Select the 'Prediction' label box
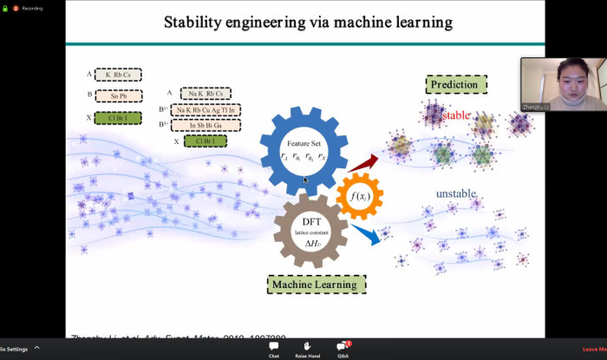[x=456, y=85]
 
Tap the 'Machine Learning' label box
[x=316, y=284]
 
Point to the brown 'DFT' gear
[x=310, y=230]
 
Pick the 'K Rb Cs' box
[x=117, y=75]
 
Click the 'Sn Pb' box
[x=117, y=96]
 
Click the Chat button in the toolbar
[x=274, y=348]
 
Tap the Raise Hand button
[x=308, y=348]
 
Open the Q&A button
[x=343, y=348]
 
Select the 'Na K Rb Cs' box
[x=206, y=93]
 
